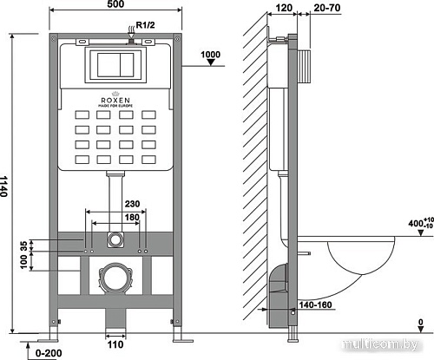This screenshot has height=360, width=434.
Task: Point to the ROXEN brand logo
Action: click(x=114, y=101)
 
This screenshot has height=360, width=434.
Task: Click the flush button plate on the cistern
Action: click(x=114, y=63)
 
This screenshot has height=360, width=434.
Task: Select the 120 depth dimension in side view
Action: click(x=281, y=8)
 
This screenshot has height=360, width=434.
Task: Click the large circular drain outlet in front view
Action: click(x=114, y=280)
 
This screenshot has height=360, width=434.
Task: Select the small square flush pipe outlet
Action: click(x=114, y=238)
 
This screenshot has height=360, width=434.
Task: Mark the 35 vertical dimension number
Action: click(x=23, y=244)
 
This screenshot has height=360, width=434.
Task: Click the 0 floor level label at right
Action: click(x=420, y=324)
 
